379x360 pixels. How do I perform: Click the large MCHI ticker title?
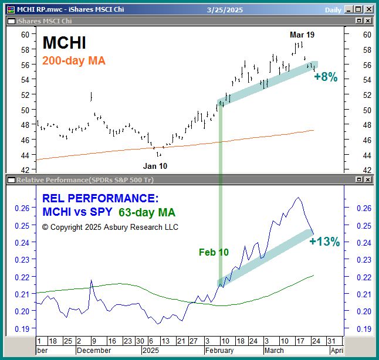click(65, 42)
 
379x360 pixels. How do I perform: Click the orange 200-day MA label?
click(74, 60)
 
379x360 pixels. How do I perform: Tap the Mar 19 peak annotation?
click(302, 35)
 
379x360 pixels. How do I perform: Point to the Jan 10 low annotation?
click(155, 166)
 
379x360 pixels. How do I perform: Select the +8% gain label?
click(326, 77)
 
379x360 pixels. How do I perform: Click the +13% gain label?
click(324, 242)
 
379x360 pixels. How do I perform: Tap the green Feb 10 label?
click(214, 253)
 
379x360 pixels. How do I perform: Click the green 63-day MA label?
click(147, 212)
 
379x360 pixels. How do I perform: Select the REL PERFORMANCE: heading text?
click(100, 199)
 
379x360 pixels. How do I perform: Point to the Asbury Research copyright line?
click(110, 226)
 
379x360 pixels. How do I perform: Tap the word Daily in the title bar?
click(333, 9)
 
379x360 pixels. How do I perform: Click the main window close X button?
click(368, 9)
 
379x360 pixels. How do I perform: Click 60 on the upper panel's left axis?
click(25, 35)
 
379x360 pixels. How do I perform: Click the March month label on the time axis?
click(275, 350)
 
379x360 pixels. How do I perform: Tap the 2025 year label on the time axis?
click(151, 350)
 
